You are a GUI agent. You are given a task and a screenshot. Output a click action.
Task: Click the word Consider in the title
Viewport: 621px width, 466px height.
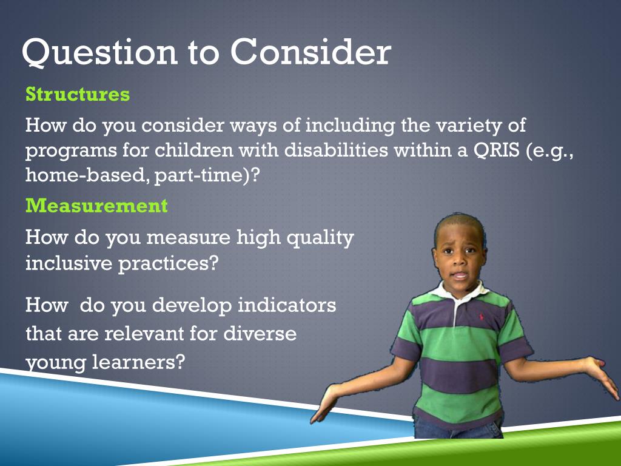pyautogui.click(x=311, y=52)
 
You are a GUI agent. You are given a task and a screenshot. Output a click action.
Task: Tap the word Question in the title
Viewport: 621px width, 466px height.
pyautogui.click(x=99, y=53)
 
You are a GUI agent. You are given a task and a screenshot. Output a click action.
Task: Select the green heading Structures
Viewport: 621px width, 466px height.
pyautogui.click(x=78, y=94)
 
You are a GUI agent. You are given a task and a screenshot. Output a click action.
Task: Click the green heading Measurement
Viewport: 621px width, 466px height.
pyautogui.click(x=96, y=206)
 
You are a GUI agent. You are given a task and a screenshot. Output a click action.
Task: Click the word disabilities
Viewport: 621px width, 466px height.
pyautogui.click(x=336, y=150)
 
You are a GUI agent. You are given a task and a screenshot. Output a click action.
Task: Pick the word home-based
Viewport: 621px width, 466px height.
pyautogui.click(x=85, y=174)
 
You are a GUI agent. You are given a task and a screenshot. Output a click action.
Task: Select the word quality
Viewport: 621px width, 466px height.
pyautogui.click(x=320, y=238)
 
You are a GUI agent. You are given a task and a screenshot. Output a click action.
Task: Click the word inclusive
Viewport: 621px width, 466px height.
pyautogui.click(x=69, y=263)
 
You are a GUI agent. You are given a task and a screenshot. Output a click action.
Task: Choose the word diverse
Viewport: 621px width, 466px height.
pyautogui.click(x=260, y=333)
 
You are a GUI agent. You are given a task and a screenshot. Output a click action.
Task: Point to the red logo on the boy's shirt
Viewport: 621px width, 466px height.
pyautogui.click(x=482, y=317)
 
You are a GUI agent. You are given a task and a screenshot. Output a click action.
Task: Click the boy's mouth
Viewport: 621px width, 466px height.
pyautogui.click(x=460, y=275)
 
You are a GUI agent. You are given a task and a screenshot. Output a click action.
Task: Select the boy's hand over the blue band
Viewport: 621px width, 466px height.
pyautogui.click(x=324, y=404)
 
